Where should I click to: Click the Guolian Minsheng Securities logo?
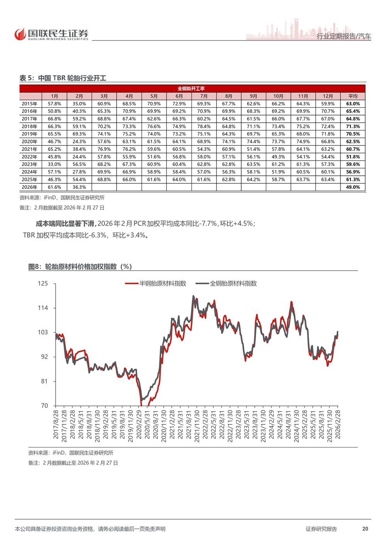coord(51,34)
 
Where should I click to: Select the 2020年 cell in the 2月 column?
coord(79,142)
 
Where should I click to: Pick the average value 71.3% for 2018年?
coord(353,127)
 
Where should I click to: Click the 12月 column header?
coord(328,96)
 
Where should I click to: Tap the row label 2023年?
coord(30,164)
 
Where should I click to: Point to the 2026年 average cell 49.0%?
coord(353,187)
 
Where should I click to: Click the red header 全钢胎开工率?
coord(192,89)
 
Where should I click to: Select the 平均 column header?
coord(353,96)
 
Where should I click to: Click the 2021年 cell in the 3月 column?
coord(104,149)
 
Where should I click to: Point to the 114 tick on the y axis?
coord(43,308)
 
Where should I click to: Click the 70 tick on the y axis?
coord(44,405)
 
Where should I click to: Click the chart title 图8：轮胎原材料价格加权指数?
coord(80,267)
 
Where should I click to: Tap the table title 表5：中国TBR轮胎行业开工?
coord(63,78)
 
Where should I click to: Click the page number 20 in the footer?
coord(365,529)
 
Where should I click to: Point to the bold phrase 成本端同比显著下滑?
coord(65,224)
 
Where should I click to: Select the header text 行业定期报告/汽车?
coord(344,36)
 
